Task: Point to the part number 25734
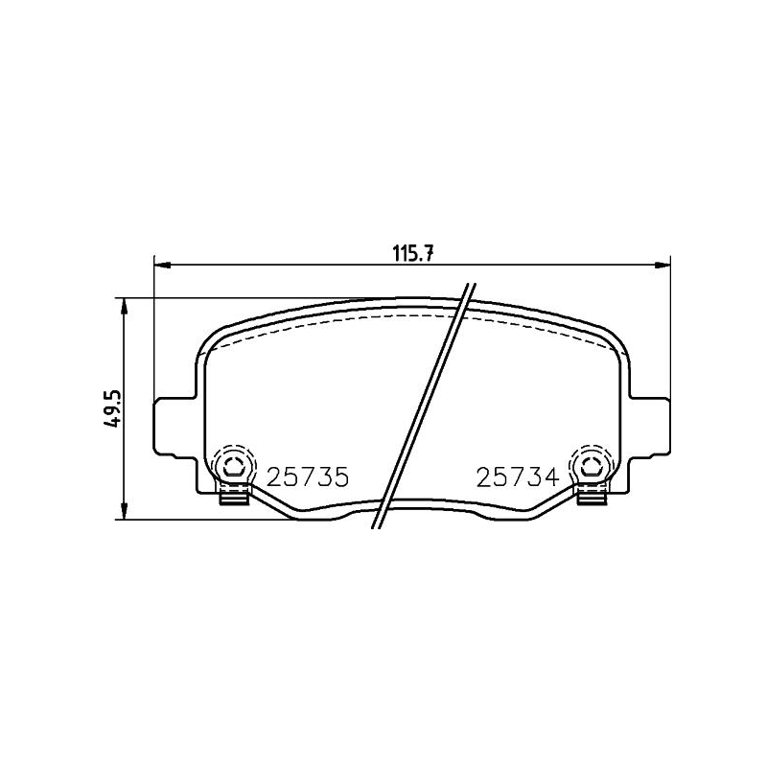[516, 476]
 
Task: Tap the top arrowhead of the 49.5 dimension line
[124, 304]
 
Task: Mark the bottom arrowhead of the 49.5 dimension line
[124, 514]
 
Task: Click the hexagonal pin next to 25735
[233, 467]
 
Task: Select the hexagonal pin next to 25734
[591, 467]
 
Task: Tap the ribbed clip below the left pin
[233, 495]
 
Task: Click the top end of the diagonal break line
[471, 286]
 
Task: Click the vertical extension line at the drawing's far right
[669, 326]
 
